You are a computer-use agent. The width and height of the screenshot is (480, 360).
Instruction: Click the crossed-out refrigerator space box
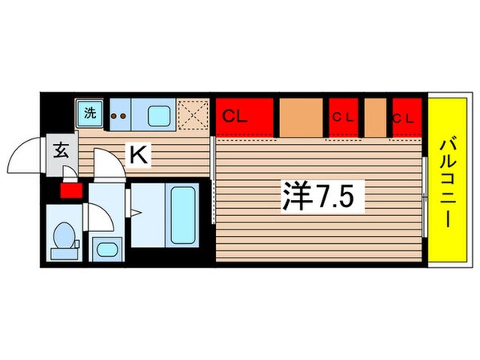tap(191, 113)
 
